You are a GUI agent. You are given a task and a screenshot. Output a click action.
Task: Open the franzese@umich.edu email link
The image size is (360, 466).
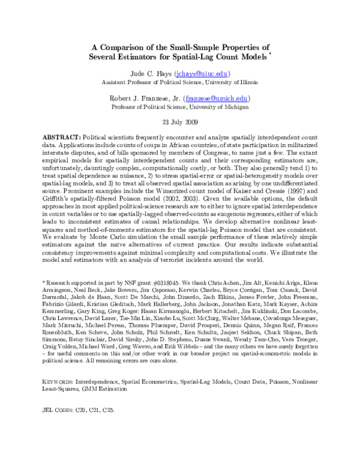(x=225, y=98)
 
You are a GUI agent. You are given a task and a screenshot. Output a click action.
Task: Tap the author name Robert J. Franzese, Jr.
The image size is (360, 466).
(x=152, y=98)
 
